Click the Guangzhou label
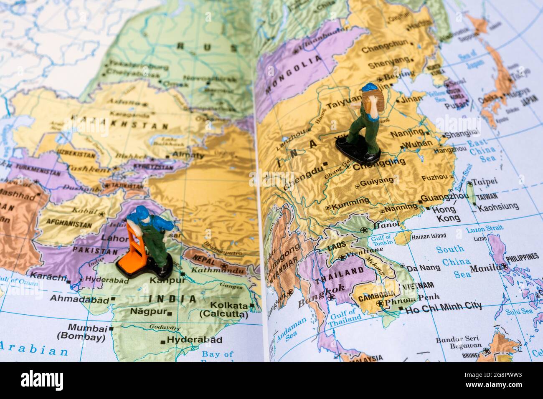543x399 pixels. coord(444,197)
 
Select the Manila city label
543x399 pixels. coord(485,268)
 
